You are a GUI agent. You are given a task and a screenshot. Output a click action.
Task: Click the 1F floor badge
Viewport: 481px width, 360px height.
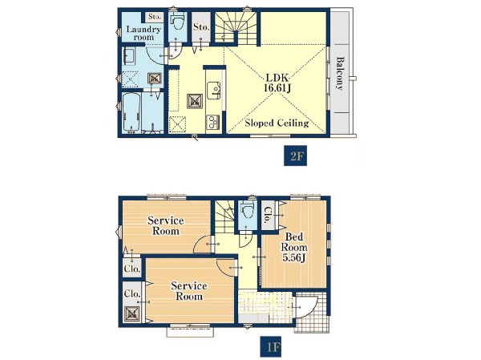271,347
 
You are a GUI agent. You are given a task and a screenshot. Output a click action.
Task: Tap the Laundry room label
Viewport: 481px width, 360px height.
143,34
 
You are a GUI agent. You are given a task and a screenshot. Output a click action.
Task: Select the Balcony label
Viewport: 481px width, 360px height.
339,73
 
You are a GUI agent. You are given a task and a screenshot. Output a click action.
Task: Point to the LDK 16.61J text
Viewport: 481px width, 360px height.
277,83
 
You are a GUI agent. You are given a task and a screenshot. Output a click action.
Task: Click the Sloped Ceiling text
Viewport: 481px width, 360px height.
277,123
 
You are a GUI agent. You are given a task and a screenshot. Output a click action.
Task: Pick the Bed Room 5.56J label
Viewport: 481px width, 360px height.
294,247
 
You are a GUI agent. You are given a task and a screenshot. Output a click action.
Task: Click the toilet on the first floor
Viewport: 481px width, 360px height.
247,210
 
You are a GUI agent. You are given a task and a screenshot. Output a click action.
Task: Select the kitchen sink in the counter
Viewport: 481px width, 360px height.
214,91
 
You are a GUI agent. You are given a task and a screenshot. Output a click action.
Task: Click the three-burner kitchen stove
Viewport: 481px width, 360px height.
213,122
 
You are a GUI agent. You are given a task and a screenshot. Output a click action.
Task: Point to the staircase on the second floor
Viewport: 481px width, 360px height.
236,27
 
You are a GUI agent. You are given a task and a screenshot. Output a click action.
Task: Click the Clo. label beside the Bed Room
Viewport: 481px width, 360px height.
267,215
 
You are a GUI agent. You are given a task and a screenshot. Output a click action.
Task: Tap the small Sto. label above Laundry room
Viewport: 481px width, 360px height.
154,17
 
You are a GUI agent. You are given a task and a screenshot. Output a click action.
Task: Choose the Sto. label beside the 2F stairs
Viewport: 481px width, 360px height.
201,27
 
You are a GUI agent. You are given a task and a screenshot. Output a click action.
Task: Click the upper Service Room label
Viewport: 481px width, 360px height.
166,225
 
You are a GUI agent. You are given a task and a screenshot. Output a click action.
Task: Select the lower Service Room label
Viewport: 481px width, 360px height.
188,291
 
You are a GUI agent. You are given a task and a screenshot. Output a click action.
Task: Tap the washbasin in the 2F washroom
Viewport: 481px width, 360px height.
129,56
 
